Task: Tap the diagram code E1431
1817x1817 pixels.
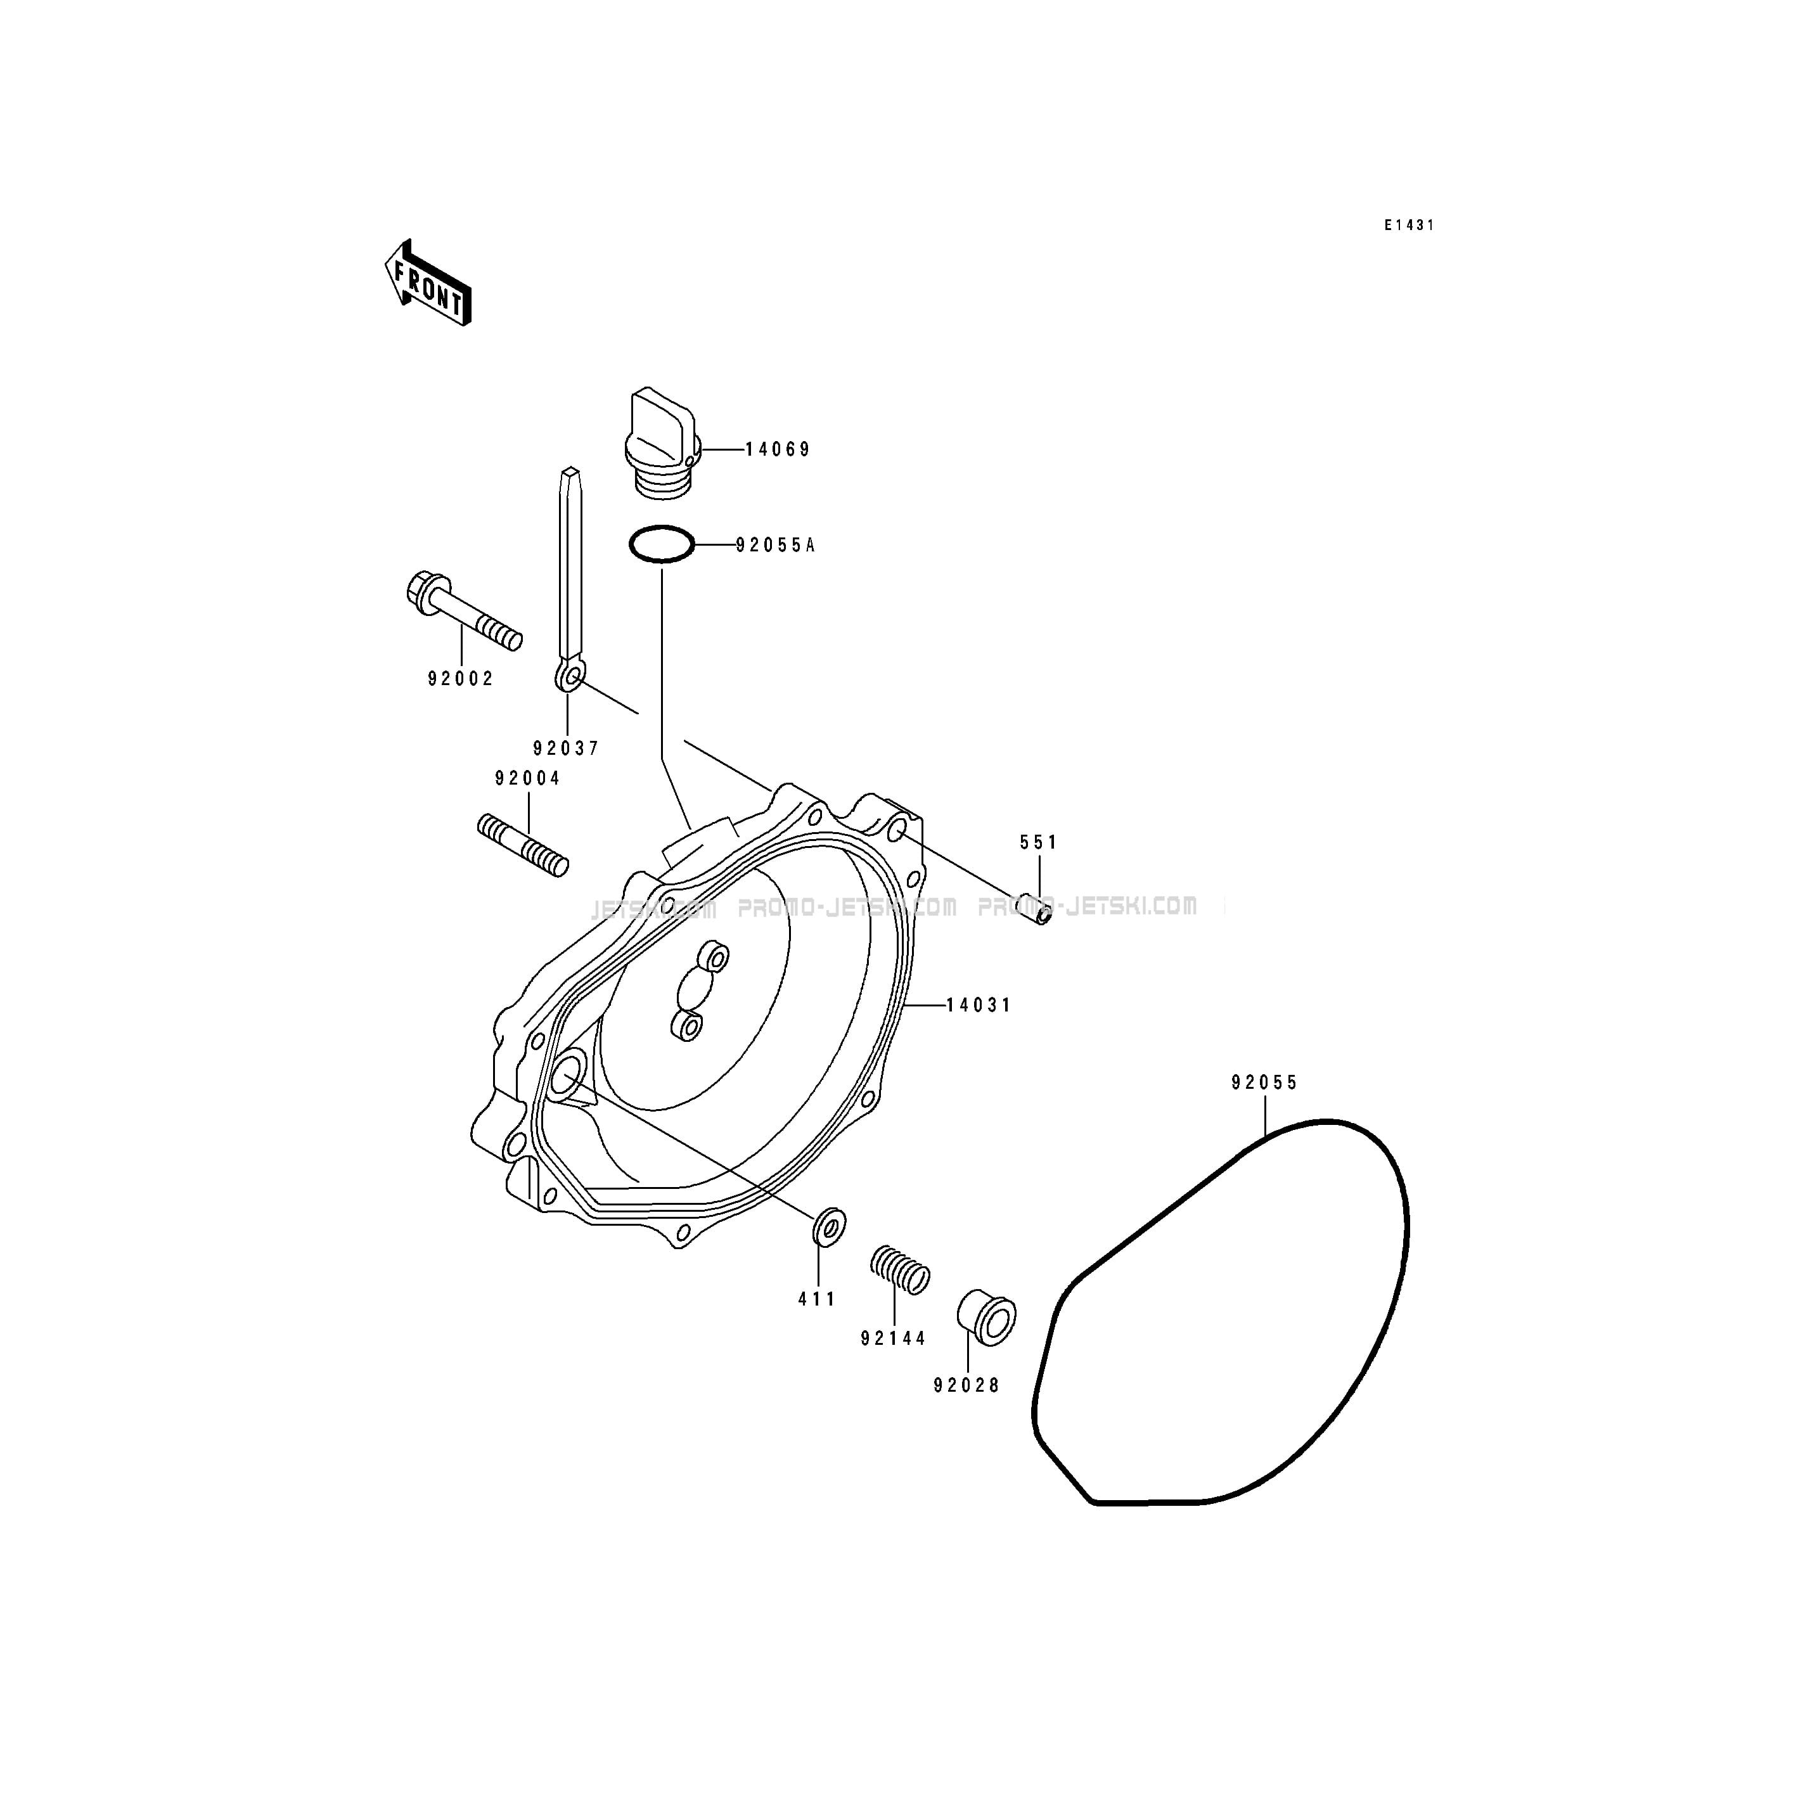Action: coord(1409,226)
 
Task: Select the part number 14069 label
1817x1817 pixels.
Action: coord(778,449)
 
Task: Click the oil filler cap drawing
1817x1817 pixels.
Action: coord(662,442)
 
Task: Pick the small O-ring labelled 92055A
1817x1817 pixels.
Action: coord(662,544)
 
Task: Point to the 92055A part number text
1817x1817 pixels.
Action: coord(775,544)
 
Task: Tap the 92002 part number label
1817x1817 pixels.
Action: coord(461,678)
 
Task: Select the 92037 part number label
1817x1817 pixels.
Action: coord(566,748)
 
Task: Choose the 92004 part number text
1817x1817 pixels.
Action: coord(527,779)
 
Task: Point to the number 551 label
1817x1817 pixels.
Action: coord(1039,843)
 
